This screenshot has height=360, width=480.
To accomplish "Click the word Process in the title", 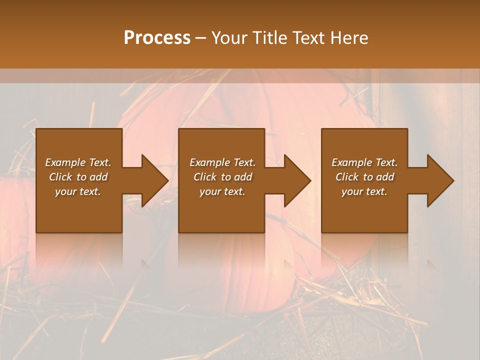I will (157, 37).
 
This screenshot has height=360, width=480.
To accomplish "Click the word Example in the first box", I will (64, 162).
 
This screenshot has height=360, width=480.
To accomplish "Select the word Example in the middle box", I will (209, 162).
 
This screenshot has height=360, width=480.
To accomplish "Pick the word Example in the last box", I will (351, 162).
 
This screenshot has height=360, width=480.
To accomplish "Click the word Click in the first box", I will (60, 177).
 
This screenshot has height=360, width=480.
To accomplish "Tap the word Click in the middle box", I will (204, 177).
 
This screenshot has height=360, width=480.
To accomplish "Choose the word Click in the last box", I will (346, 177).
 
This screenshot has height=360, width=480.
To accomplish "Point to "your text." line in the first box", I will (78, 191).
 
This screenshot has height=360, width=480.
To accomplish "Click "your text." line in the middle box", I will (222, 191).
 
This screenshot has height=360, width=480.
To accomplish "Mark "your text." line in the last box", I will (364, 191).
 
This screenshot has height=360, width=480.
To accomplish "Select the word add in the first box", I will (99, 177).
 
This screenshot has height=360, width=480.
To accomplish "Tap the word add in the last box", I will (385, 177).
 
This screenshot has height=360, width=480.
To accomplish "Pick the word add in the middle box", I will (243, 177).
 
